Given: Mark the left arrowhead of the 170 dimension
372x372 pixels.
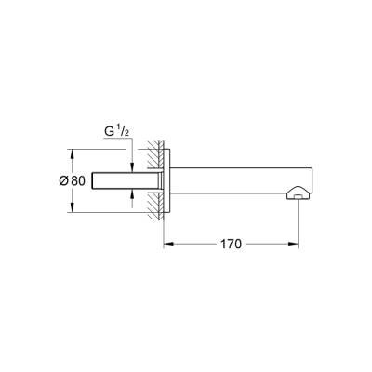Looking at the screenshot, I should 168,245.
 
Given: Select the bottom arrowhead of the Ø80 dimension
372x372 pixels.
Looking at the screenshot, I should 71,210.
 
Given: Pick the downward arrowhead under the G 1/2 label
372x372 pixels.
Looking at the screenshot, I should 133,164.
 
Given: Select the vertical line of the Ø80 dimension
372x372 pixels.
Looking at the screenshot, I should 71,180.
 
